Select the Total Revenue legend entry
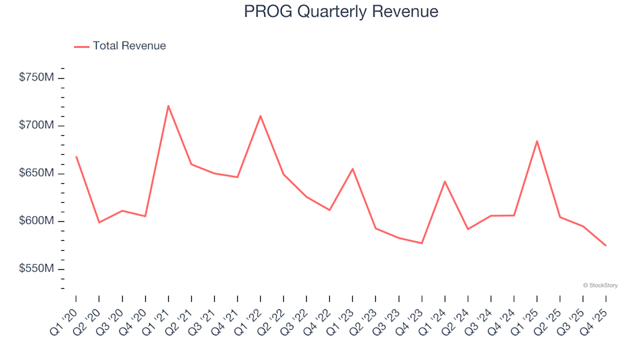coord(120,46)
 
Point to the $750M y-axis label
coord(37,78)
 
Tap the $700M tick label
coord(37,126)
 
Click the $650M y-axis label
coord(37,173)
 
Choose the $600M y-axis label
coord(37,221)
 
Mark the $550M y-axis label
coord(37,269)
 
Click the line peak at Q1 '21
coord(168,105)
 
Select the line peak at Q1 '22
coord(260,116)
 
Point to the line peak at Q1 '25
coord(537,141)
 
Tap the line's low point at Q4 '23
coord(421,243)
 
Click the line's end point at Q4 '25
coord(605,246)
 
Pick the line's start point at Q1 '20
coord(76,157)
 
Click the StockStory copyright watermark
coord(600,285)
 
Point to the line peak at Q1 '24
coord(445,181)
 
